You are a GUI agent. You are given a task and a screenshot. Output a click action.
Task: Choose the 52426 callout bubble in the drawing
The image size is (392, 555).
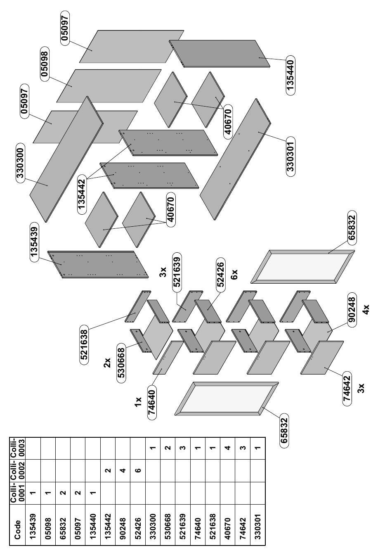point(220,275)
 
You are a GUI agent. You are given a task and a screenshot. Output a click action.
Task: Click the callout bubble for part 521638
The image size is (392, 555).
point(84,344)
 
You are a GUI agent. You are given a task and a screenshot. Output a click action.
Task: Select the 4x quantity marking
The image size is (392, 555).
point(366,310)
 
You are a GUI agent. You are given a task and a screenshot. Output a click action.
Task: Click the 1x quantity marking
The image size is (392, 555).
point(138,402)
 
